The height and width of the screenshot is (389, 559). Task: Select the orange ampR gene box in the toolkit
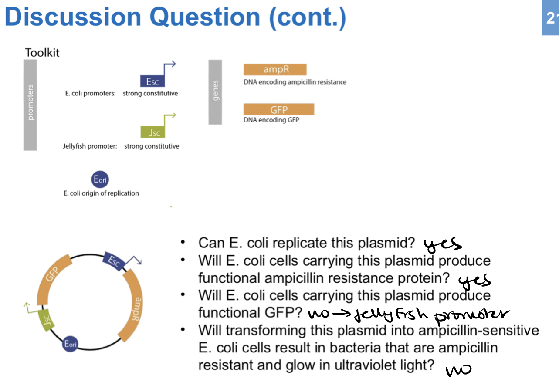(275, 70)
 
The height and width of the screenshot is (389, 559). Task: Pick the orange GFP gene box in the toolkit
(278, 109)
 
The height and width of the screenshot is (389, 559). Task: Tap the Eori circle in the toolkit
(100, 179)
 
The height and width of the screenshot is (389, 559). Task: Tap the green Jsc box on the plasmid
(46, 321)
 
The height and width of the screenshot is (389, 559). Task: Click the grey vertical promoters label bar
(30, 105)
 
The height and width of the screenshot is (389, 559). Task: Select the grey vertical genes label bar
(215, 92)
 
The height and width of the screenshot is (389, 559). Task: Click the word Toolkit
(42, 53)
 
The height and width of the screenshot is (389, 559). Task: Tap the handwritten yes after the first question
(442, 244)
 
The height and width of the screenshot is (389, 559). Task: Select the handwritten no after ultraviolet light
(458, 370)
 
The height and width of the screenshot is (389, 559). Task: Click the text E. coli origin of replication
(101, 193)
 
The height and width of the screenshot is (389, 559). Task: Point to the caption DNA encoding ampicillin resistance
(295, 82)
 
